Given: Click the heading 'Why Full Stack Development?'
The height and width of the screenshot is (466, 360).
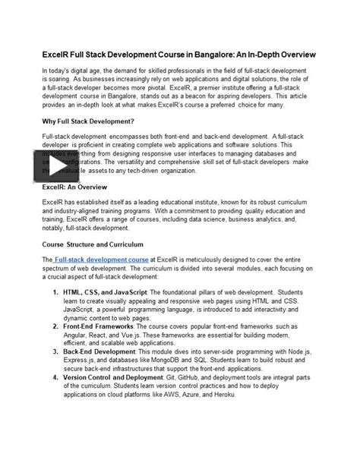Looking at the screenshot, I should point(91,121).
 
